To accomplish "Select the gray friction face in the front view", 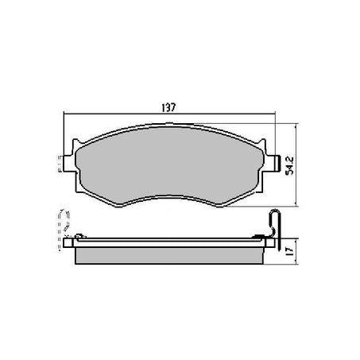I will (170, 167).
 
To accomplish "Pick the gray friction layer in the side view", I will (170, 254).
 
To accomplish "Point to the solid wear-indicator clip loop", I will (274, 222).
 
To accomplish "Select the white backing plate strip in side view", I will (170, 240).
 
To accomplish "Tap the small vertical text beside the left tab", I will (60, 168).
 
